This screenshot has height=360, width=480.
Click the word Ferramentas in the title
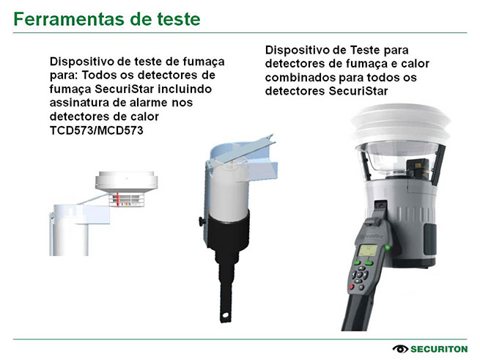click(70, 19)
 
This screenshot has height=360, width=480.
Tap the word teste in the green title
click(179, 19)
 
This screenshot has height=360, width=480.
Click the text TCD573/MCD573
click(97, 131)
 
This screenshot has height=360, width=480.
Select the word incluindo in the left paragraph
click(185, 89)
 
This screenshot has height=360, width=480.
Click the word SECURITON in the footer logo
click(439, 349)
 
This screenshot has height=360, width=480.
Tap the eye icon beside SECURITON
click(400, 349)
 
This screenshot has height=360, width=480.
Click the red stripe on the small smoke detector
click(117, 199)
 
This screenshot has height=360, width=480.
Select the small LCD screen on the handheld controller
click(367, 250)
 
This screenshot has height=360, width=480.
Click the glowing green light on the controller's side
click(388, 246)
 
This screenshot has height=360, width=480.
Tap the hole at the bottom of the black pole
click(225, 315)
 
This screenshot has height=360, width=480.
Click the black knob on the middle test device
click(201, 221)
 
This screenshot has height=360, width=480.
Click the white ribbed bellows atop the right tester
click(400, 122)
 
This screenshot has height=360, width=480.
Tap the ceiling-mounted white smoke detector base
click(127, 181)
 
